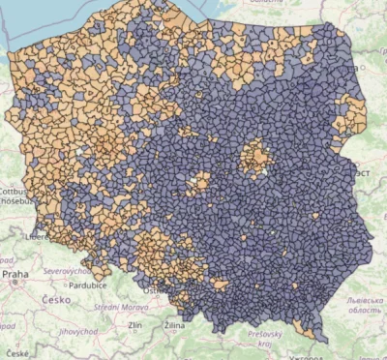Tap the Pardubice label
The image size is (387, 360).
[x=90, y=285]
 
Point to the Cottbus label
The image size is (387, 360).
[x=15, y=192]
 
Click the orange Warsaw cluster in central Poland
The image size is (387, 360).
[x=256, y=155]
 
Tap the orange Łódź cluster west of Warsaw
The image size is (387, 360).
[x=201, y=180]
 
